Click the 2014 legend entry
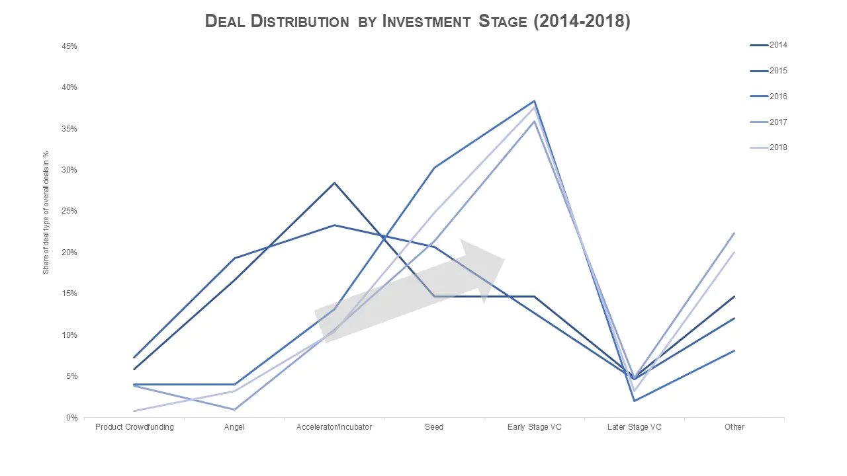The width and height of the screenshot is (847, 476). pyautogui.click(x=768, y=45)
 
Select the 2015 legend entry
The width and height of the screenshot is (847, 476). pyautogui.click(x=768, y=71)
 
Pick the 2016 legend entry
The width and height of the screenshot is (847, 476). pyautogui.click(x=768, y=97)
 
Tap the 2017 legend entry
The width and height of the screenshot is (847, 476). pyautogui.click(x=768, y=122)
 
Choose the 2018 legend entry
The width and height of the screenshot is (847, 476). pyautogui.click(x=768, y=147)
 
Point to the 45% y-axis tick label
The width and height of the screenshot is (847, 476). pyautogui.click(x=69, y=46)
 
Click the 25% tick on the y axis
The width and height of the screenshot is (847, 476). pyautogui.click(x=69, y=211)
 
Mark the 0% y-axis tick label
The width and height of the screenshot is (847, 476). pyautogui.click(x=71, y=417)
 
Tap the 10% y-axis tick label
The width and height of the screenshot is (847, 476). pyautogui.click(x=69, y=335)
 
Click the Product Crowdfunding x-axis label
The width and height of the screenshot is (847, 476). pyautogui.click(x=134, y=427)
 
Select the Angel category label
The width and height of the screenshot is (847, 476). pyautogui.click(x=234, y=427)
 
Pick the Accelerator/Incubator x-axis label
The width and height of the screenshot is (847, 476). pyautogui.click(x=334, y=427)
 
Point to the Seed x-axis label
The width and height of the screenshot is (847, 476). pyautogui.click(x=434, y=427)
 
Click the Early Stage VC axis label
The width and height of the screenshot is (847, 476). pyautogui.click(x=534, y=427)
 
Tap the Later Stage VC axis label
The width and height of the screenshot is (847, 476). pyautogui.click(x=634, y=427)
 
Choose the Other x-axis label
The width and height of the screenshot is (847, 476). pyautogui.click(x=734, y=427)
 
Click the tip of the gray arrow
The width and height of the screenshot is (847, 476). pyautogui.click(x=504, y=258)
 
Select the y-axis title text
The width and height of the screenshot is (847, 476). pyautogui.click(x=46, y=212)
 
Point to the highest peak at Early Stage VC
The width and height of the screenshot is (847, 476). pyautogui.click(x=534, y=101)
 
